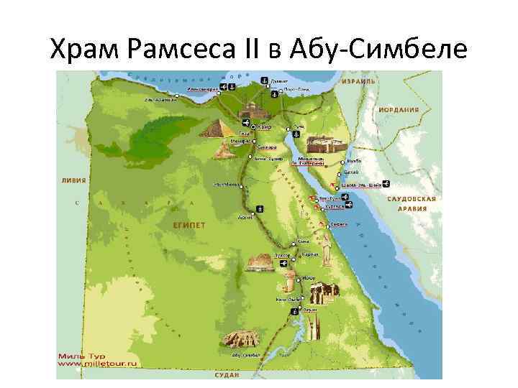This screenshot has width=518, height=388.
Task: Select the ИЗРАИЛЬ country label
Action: tap(358, 81)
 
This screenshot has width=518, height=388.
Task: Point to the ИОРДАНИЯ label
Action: tap(400, 110)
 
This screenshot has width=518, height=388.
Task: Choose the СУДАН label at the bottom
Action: tap(228, 375)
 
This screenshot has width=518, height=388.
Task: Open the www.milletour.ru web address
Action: tap(97, 364)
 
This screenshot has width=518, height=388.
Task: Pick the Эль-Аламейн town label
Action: tap(160, 100)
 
